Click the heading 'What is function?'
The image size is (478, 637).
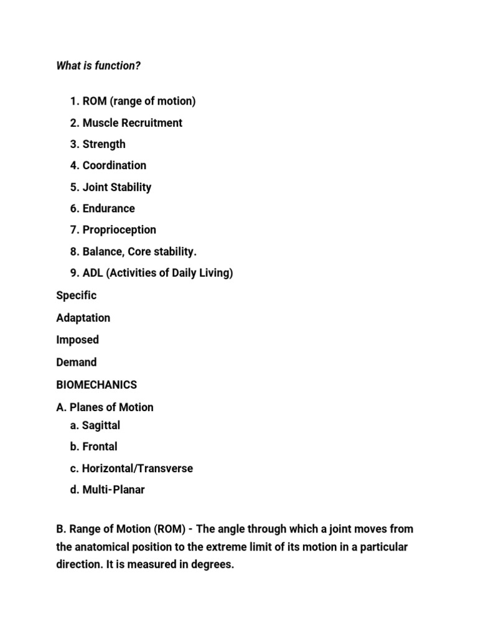pyautogui.click(x=98, y=66)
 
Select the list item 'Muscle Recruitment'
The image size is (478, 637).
pyautogui.click(x=132, y=123)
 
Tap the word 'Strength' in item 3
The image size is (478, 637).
pyautogui.click(x=104, y=144)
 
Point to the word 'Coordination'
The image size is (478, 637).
pyautogui.click(x=115, y=165)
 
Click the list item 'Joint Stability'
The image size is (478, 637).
pyautogui.click(x=116, y=187)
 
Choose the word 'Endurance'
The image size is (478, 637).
pyautogui.click(x=109, y=208)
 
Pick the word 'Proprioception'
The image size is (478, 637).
pyautogui.click(x=119, y=230)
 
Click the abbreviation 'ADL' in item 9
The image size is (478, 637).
pyautogui.click(x=94, y=273)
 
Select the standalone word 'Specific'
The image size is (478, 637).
pyautogui.click(x=77, y=295)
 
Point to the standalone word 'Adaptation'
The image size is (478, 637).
pyautogui.click(x=83, y=318)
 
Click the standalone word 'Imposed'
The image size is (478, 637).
pyautogui.click(x=77, y=340)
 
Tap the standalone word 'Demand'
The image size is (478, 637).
pyautogui.click(x=77, y=362)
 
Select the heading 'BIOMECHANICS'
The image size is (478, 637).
pyautogui.click(x=96, y=384)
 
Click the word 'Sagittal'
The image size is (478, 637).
pyautogui.click(x=101, y=425)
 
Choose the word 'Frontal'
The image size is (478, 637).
pyautogui.click(x=100, y=447)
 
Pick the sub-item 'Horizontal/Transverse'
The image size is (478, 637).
pyautogui.click(x=137, y=468)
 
